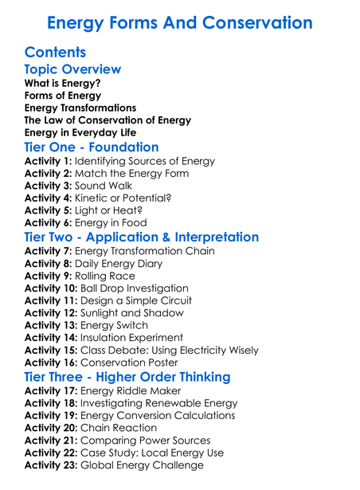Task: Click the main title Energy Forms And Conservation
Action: pyautogui.click(x=180, y=22)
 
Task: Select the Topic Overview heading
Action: pyautogui.click(x=72, y=69)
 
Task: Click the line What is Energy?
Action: pyautogui.click(x=63, y=83)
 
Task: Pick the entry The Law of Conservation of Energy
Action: pyautogui.click(x=108, y=120)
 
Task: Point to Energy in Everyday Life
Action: pyautogui.click(x=80, y=133)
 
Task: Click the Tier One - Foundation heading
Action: pyautogui.click(x=92, y=147)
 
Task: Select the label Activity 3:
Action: pyautogui.click(x=49, y=186)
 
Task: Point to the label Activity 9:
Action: pyautogui.click(x=49, y=276)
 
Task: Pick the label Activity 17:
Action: pyautogui.click(x=52, y=391)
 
